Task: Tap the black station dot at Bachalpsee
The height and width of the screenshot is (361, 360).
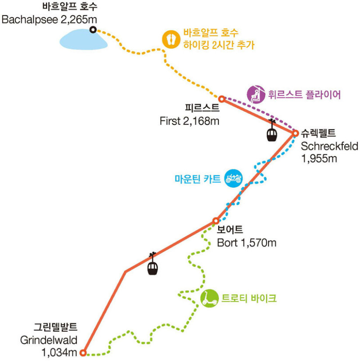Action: coord(93,30)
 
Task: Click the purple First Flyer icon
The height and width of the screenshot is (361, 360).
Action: coord(255,94)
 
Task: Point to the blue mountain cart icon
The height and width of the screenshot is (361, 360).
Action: coord(234,178)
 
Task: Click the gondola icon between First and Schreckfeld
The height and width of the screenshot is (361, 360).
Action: coord(271,133)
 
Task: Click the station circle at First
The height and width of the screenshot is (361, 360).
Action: coord(221,99)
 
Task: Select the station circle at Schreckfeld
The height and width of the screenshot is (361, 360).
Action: coord(296,133)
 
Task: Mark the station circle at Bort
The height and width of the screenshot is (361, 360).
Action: coord(216,221)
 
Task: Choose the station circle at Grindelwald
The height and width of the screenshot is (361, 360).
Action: coord(83,352)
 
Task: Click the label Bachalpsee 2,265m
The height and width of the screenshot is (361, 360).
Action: coord(49,19)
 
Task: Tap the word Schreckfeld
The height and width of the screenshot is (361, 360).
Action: coord(329,146)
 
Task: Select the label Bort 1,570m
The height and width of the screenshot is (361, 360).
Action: coord(246,243)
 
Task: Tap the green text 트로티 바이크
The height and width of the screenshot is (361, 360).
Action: coord(249,298)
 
